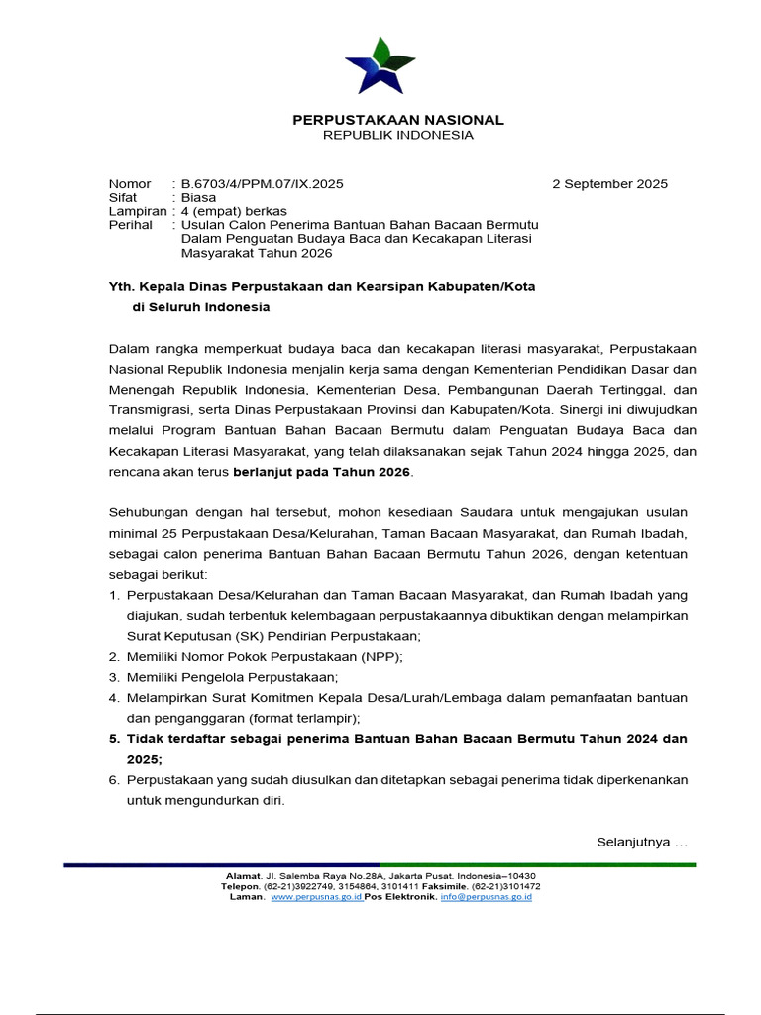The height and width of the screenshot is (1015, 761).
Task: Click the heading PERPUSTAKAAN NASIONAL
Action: [397, 120]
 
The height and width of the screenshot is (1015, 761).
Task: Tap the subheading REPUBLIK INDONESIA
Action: [397, 135]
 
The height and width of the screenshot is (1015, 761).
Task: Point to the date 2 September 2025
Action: [609, 184]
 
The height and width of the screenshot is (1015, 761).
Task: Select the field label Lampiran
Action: [137, 212]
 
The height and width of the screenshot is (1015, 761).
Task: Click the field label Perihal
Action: [130, 226]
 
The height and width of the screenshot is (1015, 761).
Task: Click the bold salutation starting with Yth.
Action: [321, 286]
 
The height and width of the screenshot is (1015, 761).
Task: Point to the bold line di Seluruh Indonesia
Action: [200, 307]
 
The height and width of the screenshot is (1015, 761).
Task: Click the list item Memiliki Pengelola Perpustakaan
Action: [232, 677]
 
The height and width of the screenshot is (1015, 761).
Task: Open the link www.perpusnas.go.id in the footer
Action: [316, 897]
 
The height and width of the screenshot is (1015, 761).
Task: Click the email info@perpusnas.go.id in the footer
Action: [487, 897]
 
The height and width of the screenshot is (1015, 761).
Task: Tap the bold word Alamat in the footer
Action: [242, 876]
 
